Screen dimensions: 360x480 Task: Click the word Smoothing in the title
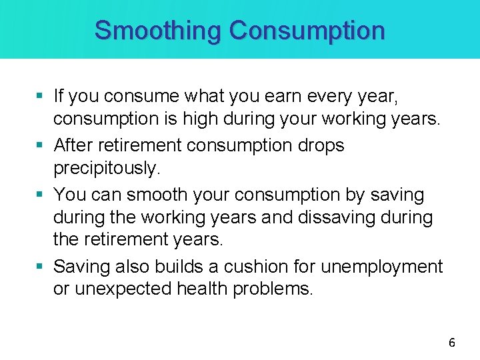(x=158, y=31)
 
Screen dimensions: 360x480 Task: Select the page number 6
(x=452, y=343)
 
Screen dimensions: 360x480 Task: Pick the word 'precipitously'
(x=107, y=168)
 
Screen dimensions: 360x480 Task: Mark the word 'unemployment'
(x=381, y=267)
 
